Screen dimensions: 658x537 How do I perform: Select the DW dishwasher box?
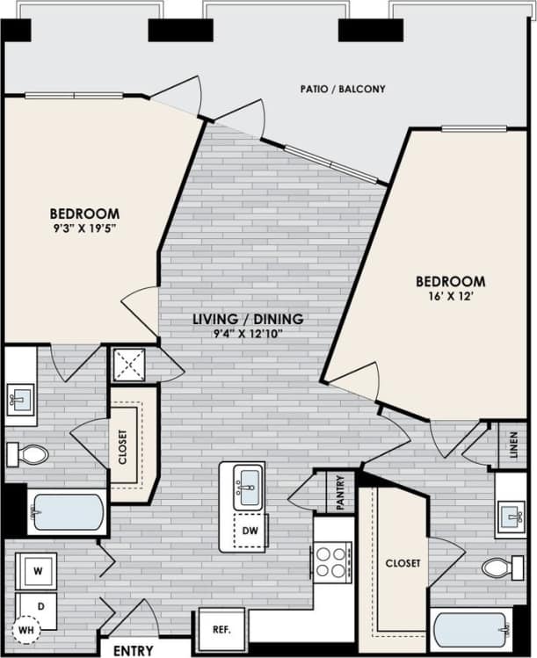pyautogui.click(x=250, y=531)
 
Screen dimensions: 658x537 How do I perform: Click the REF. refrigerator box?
pyautogui.click(x=215, y=630)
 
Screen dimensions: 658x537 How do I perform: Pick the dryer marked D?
pyautogui.click(x=36, y=606)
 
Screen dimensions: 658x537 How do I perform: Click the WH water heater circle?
pyautogui.click(x=25, y=632)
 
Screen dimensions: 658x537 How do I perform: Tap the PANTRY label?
pyautogui.click(x=339, y=492)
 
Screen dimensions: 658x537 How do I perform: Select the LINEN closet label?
pyautogui.click(x=513, y=446)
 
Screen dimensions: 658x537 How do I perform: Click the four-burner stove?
pyautogui.click(x=332, y=562)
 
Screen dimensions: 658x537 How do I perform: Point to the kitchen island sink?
pyautogui.click(x=249, y=487)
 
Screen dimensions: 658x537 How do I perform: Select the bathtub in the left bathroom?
pyautogui.click(x=67, y=512)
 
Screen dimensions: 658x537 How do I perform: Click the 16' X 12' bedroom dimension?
pyautogui.click(x=450, y=298)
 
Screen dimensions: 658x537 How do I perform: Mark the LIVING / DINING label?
pyautogui.click(x=249, y=318)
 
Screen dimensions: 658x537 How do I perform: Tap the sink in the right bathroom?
pyautogui.click(x=511, y=514)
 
